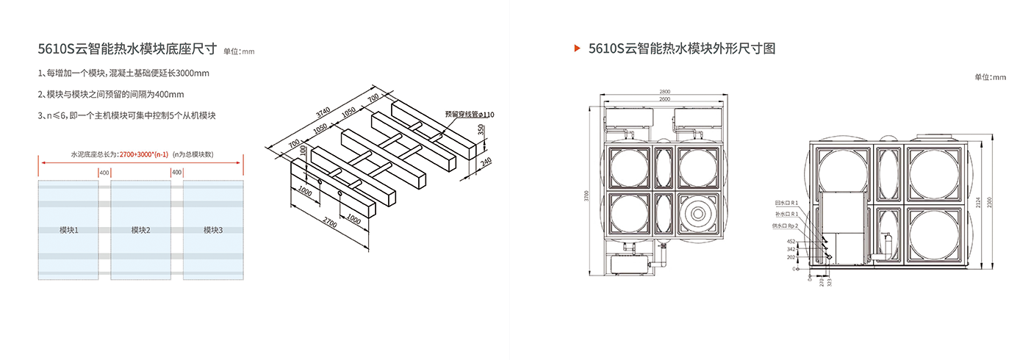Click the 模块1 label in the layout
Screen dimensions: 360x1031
tap(68, 230)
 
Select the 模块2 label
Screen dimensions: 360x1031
tap(140, 230)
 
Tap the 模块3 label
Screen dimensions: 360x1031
tap(213, 230)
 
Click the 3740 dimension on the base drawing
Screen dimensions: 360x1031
tap(323, 113)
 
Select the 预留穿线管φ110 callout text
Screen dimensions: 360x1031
tap(470, 115)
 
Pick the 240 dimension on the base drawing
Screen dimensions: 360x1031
tap(486, 162)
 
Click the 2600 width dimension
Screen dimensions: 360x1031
tap(664, 99)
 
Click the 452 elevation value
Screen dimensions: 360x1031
tap(791, 241)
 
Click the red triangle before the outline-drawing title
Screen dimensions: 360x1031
tap(578, 48)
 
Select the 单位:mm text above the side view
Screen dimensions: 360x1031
tap(990, 76)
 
